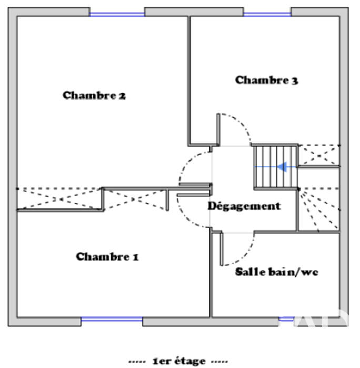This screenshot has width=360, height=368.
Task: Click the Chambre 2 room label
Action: [94, 95]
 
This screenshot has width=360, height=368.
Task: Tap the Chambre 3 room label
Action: [267, 80]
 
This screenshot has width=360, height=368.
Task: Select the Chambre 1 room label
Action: [107, 256]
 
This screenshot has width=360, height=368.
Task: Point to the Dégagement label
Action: [244, 206]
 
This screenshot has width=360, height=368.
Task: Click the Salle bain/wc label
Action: [277, 272]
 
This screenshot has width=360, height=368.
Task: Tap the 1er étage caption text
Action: [179, 361]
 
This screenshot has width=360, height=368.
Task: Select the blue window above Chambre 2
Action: [117, 15]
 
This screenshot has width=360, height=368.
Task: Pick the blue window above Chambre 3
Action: [267, 15]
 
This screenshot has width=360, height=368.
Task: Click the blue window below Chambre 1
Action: [112, 319]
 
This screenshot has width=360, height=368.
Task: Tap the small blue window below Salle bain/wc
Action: [286, 319]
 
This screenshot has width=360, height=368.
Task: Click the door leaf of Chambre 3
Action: [218, 130]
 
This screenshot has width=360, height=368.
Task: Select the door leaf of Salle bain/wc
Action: [222, 249]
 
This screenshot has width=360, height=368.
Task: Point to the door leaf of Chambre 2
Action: [195, 184]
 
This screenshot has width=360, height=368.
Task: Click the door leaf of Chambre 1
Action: [193, 195]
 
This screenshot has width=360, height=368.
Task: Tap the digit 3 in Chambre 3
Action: [295, 81]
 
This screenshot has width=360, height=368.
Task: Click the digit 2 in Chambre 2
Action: [122, 96]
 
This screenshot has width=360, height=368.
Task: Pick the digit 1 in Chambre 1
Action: [136, 257]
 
